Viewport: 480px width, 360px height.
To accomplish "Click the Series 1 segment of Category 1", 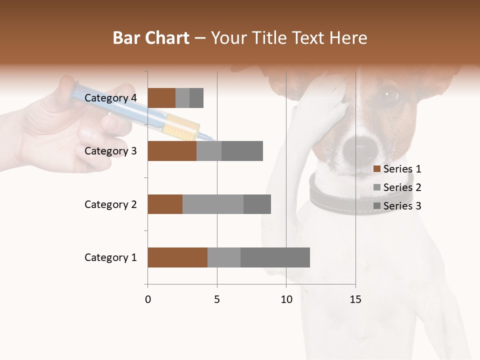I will [x=177, y=257].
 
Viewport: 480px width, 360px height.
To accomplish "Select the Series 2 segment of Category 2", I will [x=213, y=204].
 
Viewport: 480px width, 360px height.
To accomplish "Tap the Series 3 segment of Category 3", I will [x=242, y=151].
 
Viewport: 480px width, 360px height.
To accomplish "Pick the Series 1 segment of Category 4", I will [x=161, y=98].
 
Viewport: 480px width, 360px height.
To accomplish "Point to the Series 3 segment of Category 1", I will [x=275, y=257].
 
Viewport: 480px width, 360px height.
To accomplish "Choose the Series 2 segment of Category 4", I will [x=182, y=98].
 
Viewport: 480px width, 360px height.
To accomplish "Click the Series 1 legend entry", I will [x=397, y=169].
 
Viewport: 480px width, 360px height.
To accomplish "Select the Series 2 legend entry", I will [x=397, y=187].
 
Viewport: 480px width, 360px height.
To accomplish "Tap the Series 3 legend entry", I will [x=397, y=206].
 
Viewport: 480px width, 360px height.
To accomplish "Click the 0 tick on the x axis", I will [x=148, y=299].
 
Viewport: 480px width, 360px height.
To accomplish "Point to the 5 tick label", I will [x=217, y=299].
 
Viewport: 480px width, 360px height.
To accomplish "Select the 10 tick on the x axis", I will [x=286, y=299].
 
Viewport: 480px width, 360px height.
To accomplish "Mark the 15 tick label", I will [x=355, y=299].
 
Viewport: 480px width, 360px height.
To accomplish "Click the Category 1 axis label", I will [x=110, y=257].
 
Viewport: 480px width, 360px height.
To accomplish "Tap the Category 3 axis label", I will [x=110, y=151].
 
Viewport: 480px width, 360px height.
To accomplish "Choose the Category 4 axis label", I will [x=110, y=98].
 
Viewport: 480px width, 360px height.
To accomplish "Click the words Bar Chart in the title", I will [x=151, y=38].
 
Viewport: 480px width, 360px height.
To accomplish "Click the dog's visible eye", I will [x=389, y=93].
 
